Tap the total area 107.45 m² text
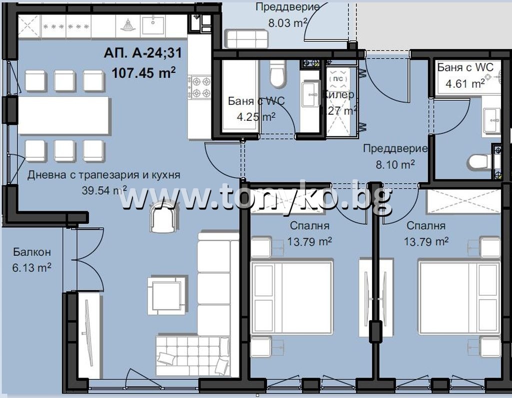point(143,73)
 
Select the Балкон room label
point(32,252)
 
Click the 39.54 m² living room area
point(104,190)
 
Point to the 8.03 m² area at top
point(287,22)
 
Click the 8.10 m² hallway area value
point(394,164)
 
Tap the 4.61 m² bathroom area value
point(465,83)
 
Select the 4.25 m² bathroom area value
point(256,117)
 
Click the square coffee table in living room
point(165,295)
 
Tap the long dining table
point(63,115)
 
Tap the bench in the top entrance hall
point(246,38)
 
